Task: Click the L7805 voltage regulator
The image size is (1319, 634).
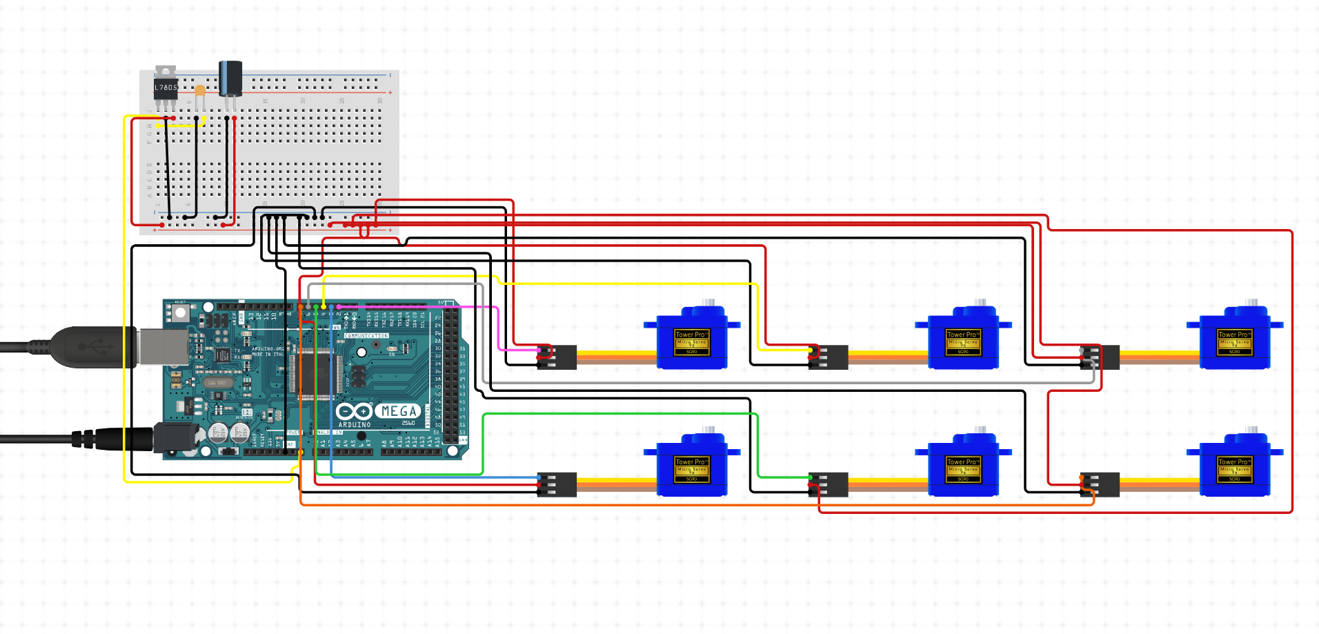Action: (x=166, y=88)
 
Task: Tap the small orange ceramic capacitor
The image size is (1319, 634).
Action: (x=199, y=90)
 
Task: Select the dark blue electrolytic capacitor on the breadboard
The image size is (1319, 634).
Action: (x=230, y=79)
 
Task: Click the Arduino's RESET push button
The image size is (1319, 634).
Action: (x=180, y=313)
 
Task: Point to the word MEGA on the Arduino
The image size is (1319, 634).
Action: (x=399, y=411)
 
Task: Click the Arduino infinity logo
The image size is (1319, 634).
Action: (x=354, y=412)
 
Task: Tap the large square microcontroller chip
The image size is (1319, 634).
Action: (x=318, y=373)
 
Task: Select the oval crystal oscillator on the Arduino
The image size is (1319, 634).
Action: (x=217, y=382)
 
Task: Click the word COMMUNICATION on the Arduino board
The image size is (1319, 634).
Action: (x=366, y=336)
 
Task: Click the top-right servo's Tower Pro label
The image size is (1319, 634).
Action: (x=1233, y=335)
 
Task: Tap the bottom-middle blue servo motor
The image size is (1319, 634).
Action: (x=963, y=466)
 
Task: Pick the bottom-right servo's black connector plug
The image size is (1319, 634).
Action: (x=1101, y=485)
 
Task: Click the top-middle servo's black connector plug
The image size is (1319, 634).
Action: (x=829, y=357)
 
